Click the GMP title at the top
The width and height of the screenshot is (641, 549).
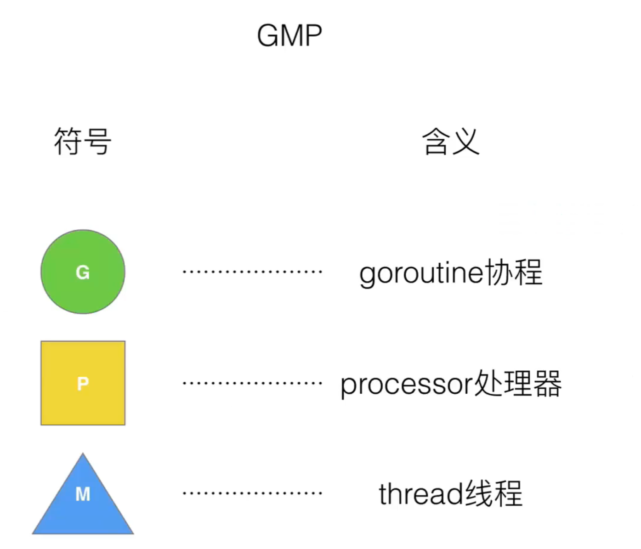[289, 36]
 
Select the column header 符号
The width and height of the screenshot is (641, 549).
[83, 141]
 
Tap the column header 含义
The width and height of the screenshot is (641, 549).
[451, 141]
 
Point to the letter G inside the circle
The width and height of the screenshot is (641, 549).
[83, 272]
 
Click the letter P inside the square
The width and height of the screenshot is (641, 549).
[83, 383]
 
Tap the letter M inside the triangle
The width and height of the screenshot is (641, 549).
[83, 494]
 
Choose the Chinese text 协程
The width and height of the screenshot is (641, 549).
[514, 272]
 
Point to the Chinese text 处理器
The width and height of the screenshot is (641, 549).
[517, 383]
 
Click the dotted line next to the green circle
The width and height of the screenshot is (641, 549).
[252, 272]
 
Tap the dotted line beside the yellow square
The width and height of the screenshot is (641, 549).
[252, 383]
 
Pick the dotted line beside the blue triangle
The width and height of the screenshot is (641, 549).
[252, 493]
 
